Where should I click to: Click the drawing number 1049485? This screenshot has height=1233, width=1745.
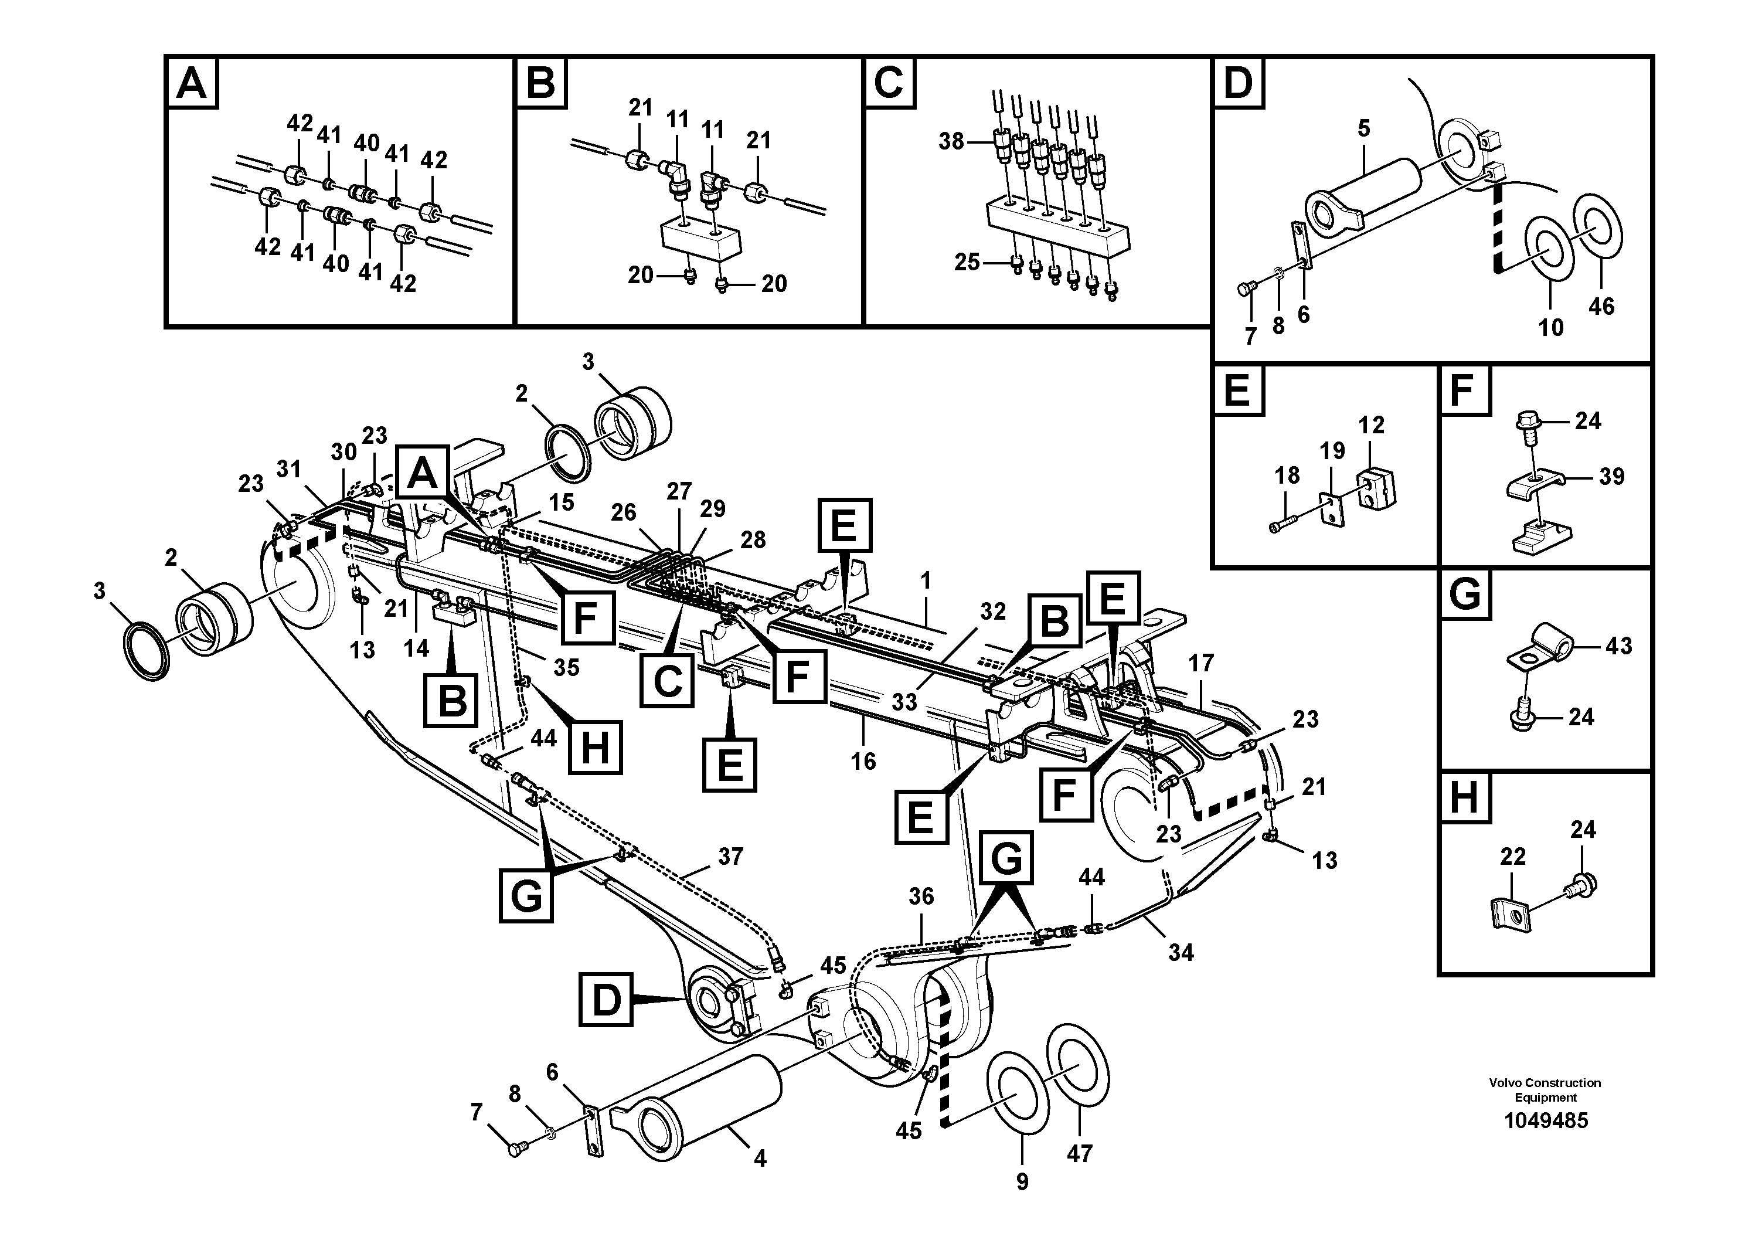tap(1546, 1121)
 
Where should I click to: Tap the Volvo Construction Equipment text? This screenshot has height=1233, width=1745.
tap(1545, 1089)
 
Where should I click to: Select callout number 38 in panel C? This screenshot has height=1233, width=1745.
tap(951, 141)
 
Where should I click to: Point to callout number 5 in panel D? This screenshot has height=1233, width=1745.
tap(1363, 128)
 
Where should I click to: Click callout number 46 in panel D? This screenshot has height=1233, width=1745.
tap(1601, 307)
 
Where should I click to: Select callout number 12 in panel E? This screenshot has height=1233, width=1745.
tap(1371, 425)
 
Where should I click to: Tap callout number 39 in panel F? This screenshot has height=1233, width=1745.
tap(1611, 477)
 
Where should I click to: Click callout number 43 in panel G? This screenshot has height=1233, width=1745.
tap(1619, 646)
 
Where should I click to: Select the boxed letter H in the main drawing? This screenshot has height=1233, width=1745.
tap(594, 746)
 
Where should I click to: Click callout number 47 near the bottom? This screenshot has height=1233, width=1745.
tap(1079, 1154)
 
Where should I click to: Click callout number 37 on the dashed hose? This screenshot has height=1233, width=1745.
tap(730, 857)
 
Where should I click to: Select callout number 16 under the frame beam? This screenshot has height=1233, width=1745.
tap(863, 761)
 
